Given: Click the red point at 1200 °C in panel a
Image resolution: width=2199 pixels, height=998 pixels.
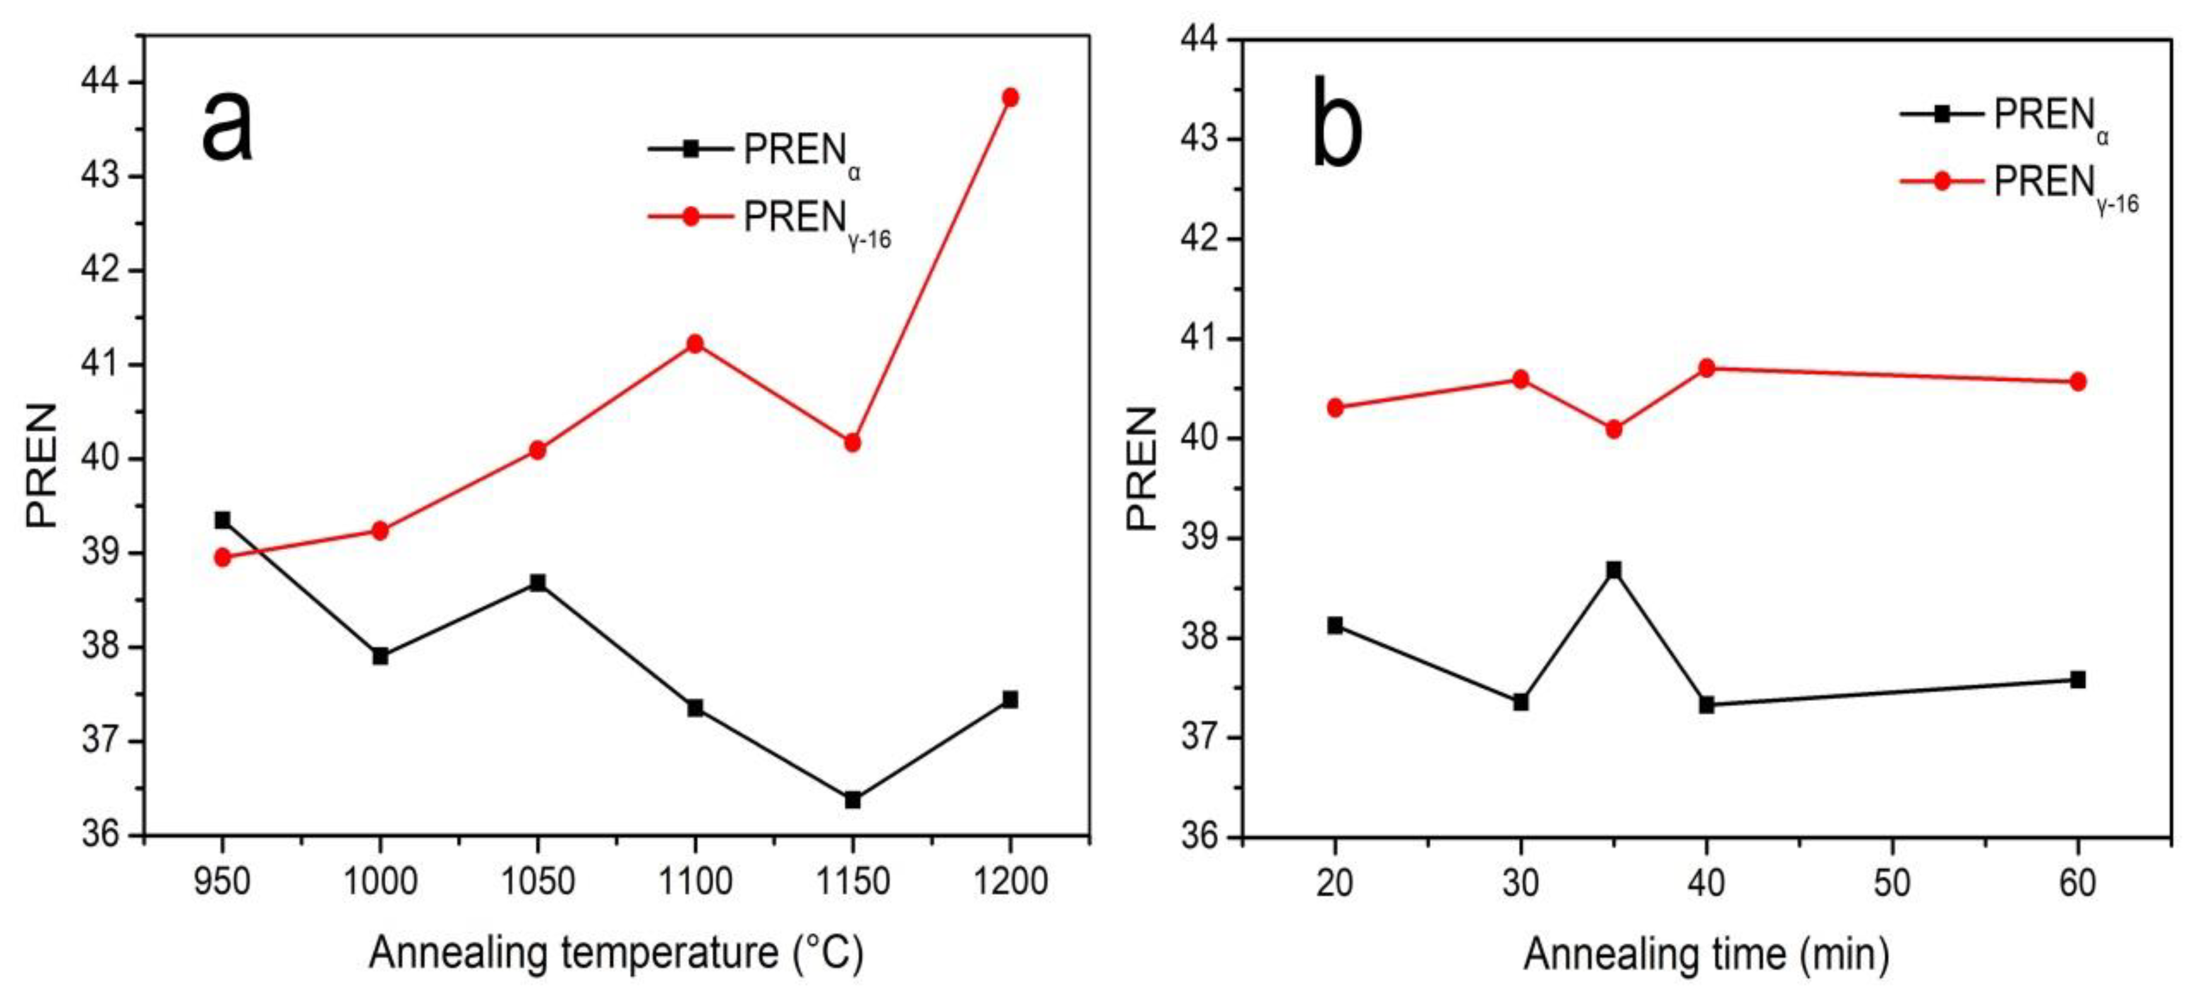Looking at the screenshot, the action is tap(1010, 98).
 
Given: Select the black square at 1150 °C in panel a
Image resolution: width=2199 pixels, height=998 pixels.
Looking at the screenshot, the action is tap(852, 800).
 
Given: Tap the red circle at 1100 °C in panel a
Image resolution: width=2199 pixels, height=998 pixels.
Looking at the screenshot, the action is tap(695, 343).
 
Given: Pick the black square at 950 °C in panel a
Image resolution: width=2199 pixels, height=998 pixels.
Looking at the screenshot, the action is tap(223, 520).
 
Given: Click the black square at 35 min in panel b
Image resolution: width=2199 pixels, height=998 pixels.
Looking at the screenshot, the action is tap(1613, 570).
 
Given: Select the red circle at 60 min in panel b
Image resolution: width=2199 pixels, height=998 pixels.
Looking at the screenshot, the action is tap(2078, 381).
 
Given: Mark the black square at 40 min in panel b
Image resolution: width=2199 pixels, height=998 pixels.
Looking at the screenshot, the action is tap(1706, 705).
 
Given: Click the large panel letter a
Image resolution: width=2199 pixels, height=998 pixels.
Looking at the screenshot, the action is tap(227, 127).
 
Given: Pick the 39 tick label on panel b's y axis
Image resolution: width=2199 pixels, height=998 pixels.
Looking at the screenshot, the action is tap(1201, 539).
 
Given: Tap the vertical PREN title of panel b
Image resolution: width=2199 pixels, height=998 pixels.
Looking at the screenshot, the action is tap(1141, 468).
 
